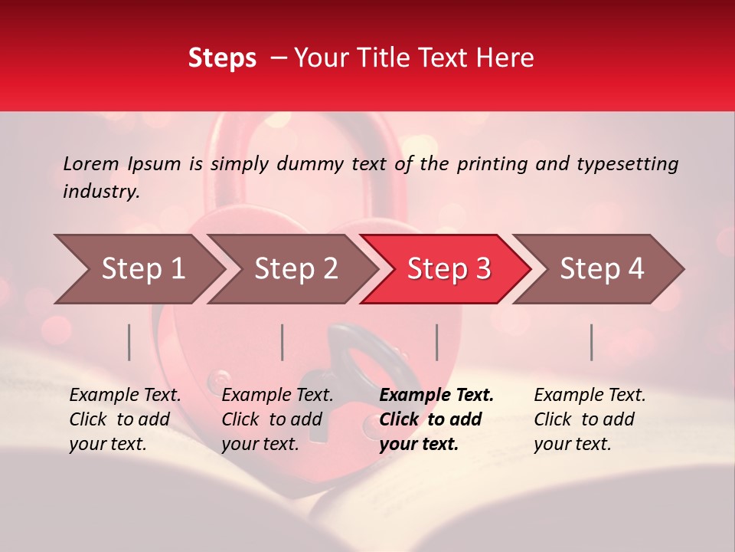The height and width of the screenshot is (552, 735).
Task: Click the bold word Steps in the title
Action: [x=222, y=58]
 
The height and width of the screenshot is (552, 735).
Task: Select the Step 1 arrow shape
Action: [x=138, y=269]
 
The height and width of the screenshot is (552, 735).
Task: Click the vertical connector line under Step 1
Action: [x=129, y=342]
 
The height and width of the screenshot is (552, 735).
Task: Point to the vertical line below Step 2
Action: [x=283, y=342]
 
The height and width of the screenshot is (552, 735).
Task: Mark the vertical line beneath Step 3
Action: [x=437, y=342]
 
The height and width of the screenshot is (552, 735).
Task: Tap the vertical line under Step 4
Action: [x=592, y=342]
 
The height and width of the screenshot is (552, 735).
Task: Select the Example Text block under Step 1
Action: [x=125, y=419]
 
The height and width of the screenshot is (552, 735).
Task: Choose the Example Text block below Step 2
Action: [x=277, y=419]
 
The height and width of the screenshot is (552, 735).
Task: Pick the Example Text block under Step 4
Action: [x=590, y=419]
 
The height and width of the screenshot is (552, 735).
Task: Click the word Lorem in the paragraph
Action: [x=91, y=163]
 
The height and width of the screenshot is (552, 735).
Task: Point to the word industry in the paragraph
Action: [x=100, y=192]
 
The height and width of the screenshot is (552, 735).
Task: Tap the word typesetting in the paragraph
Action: [x=627, y=164]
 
